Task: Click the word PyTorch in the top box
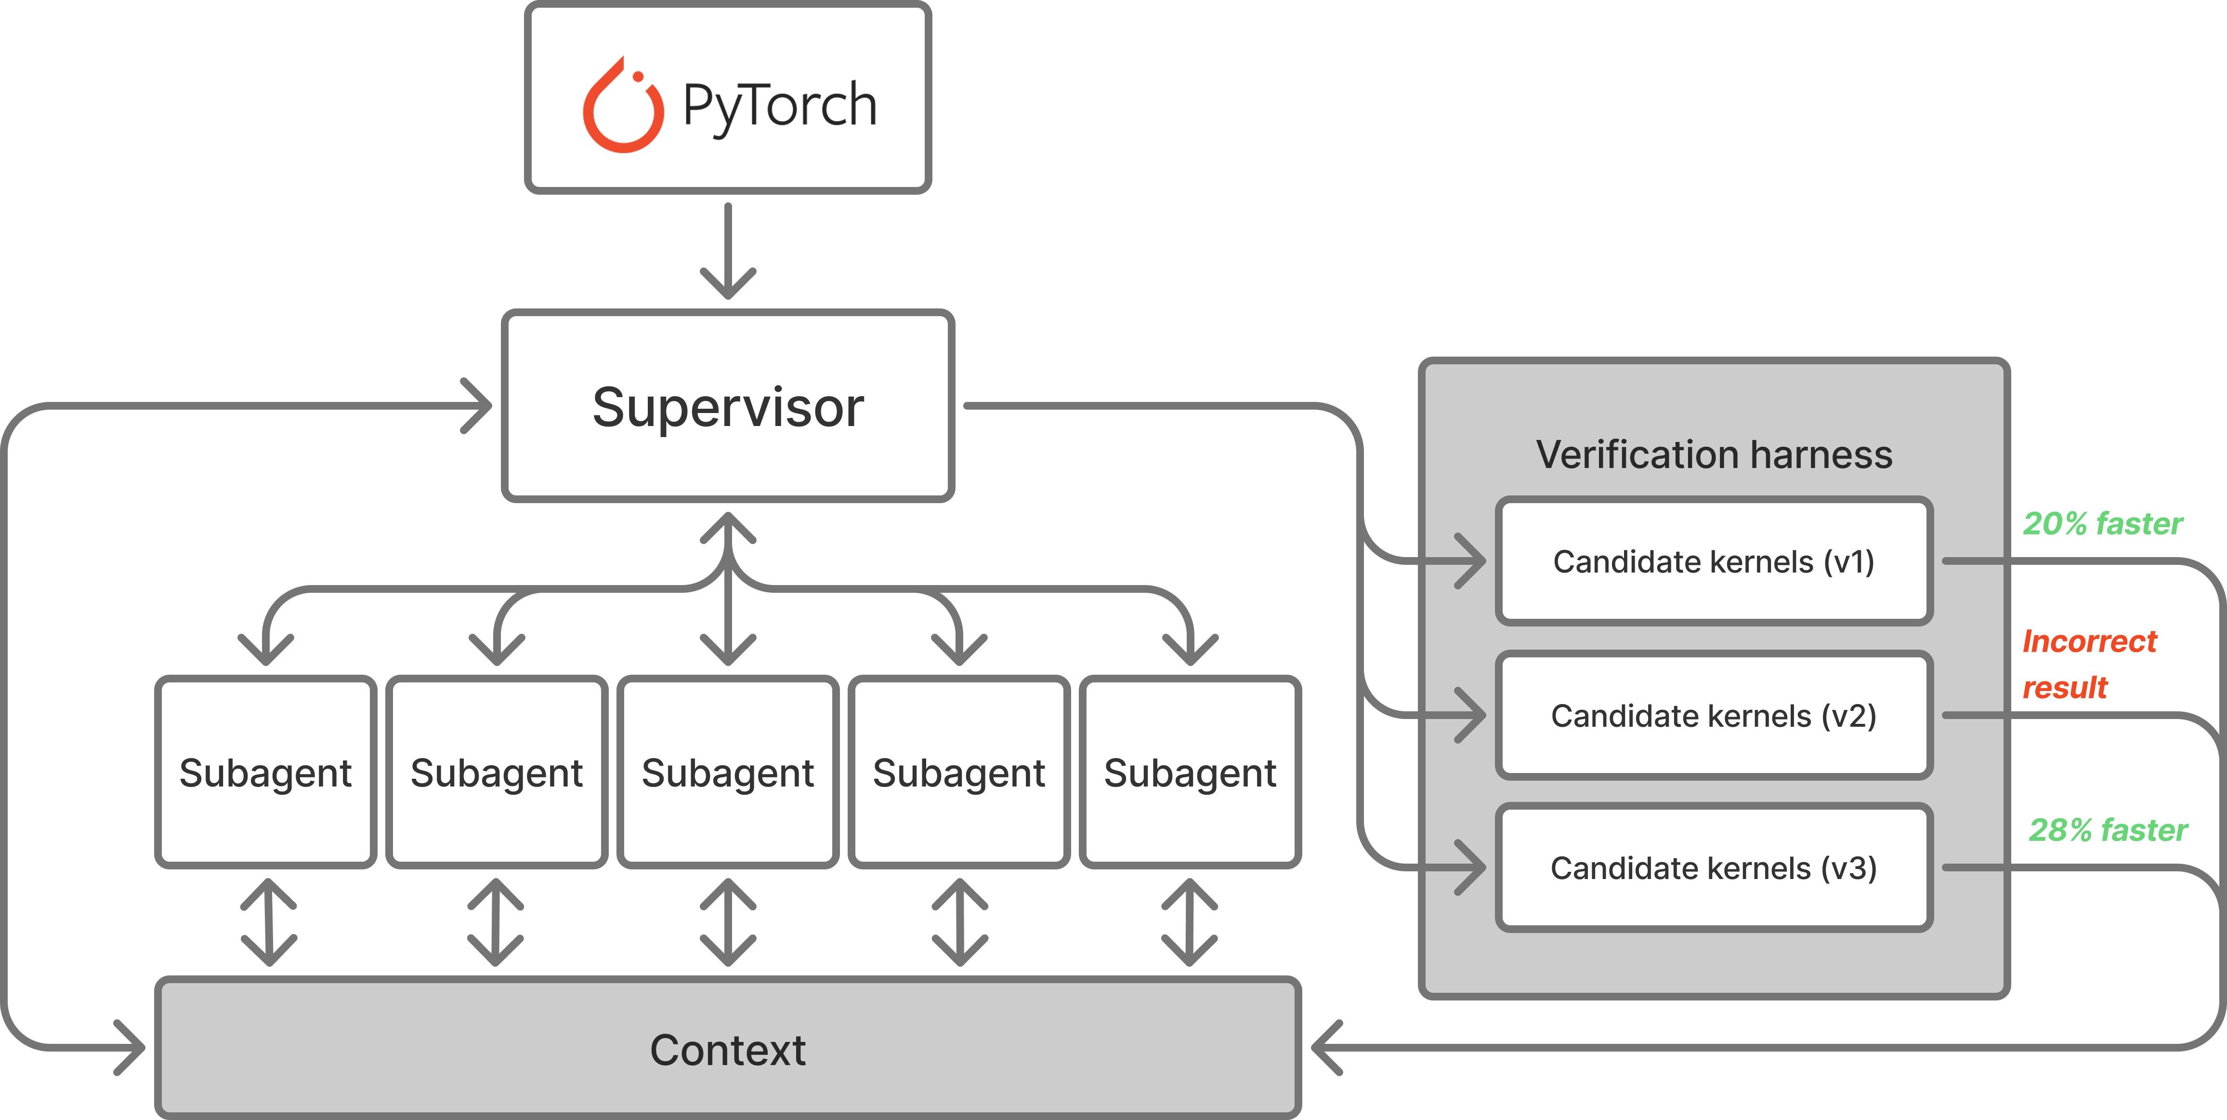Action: coord(779,106)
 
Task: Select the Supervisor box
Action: coord(728,406)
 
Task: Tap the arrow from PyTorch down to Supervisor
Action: coord(728,251)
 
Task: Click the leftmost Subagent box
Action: coord(265,773)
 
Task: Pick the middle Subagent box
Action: coord(728,773)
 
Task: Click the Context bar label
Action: coord(728,1050)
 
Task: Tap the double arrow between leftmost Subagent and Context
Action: coord(269,922)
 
